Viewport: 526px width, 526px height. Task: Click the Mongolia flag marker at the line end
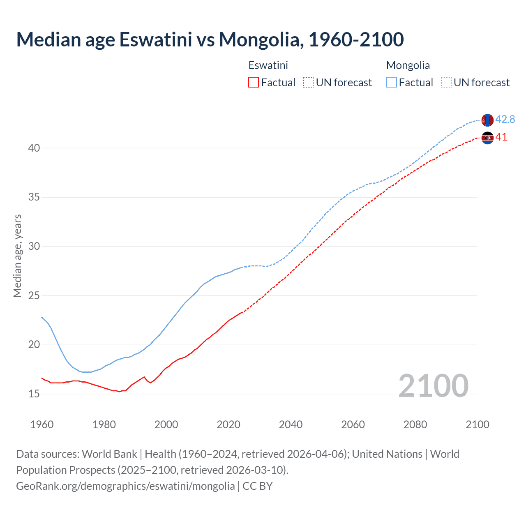(487, 120)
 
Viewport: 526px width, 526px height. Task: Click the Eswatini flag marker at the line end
(487, 138)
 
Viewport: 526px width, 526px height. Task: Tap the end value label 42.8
(505, 119)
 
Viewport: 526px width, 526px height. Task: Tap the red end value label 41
(501, 137)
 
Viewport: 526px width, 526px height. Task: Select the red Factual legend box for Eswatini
(254, 83)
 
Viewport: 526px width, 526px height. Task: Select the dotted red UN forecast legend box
(308, 83)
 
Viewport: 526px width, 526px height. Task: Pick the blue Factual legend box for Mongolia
(392, 83)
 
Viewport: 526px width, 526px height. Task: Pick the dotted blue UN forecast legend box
(446, 83)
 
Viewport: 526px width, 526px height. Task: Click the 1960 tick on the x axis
(42, 424)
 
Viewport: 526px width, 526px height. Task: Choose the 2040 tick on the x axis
(291, 424)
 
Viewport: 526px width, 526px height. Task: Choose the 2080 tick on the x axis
(415, 424)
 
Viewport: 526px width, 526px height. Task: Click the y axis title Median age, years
(17, 256)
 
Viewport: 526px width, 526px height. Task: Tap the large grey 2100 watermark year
(433, 385)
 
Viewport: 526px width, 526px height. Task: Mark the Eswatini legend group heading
(268, 65)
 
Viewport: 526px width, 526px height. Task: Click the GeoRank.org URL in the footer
(125, 486)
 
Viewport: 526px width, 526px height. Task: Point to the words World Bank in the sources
(109, 454)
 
